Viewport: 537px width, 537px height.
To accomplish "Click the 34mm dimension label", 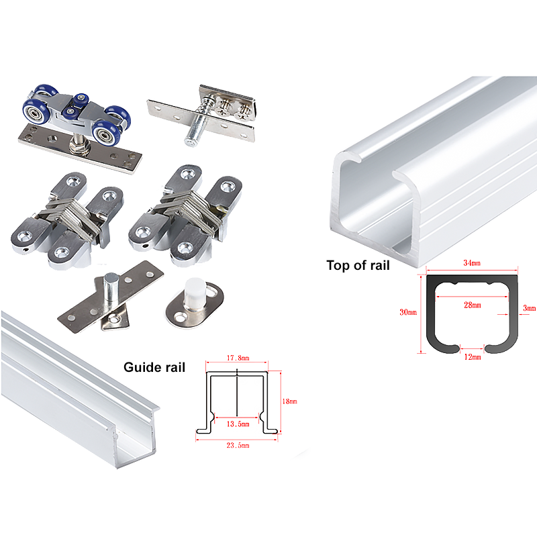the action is click(472, 263).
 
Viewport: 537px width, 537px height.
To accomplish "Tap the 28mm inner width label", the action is click(473, 305).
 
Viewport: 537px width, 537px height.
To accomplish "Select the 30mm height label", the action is click(408, 312).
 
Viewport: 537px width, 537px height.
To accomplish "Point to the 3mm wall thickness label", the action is click(529, 308).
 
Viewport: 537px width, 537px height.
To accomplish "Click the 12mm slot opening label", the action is click(473, 357).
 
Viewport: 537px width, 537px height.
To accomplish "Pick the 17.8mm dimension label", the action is click(238, 358).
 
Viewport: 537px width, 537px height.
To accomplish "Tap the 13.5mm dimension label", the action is click(238, 424).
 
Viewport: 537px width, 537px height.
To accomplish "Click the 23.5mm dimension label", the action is click(238, 445).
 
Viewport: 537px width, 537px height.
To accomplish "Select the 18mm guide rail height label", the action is click(289, 401).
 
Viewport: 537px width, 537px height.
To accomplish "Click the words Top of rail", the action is click(358, 265).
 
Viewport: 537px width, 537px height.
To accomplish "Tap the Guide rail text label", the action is click(154, 367).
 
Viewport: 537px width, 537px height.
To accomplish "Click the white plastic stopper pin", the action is click(195, 293).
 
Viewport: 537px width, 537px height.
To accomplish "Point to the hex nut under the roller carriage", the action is click(80, 148).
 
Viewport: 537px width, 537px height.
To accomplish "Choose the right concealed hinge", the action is click(185, 215).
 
